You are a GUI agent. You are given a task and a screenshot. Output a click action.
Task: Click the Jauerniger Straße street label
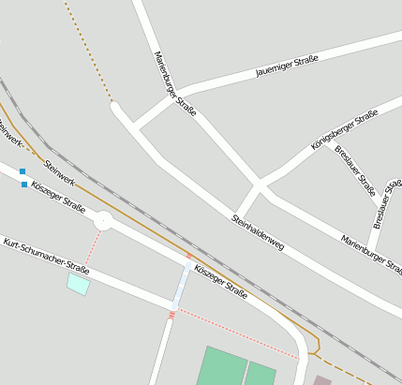coord(287,66)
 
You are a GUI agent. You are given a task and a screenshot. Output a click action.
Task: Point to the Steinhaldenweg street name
coord(257,232)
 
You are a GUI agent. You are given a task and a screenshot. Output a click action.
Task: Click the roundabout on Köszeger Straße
coord(103,221)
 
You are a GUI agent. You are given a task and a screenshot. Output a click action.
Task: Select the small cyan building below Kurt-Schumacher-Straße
coord(78,283)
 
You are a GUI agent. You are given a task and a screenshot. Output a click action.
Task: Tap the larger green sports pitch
coord(220,366)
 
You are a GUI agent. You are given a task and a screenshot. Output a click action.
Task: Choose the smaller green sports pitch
coord(260,374)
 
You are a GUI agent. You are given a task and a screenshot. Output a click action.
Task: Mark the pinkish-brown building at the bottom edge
coord(322,380)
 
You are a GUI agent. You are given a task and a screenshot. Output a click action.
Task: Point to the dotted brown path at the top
coord(90,52)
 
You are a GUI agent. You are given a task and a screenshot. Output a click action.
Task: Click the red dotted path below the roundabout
coord(91,248)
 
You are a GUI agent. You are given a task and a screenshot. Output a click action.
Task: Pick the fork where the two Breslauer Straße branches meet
coord(380,203)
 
